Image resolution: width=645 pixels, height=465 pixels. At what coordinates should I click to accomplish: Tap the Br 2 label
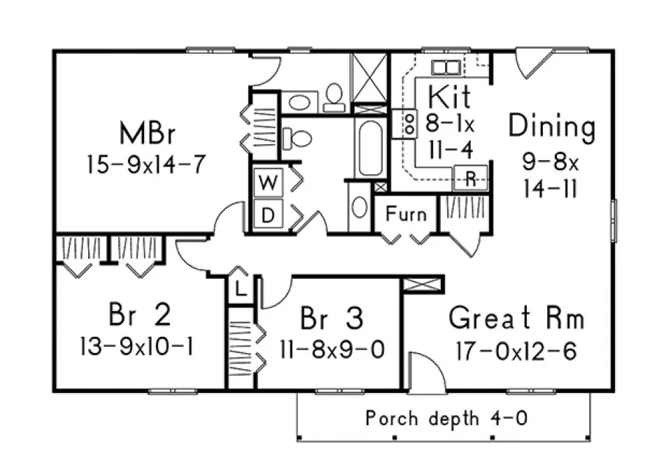139,315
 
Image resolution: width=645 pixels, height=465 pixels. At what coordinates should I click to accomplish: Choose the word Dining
551,127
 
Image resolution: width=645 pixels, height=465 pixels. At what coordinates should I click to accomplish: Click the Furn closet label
406,214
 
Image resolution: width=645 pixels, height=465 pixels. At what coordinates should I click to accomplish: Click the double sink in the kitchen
445,67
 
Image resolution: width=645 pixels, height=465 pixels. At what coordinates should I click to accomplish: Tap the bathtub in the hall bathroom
369,148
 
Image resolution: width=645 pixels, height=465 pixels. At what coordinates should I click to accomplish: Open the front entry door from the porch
426,373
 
